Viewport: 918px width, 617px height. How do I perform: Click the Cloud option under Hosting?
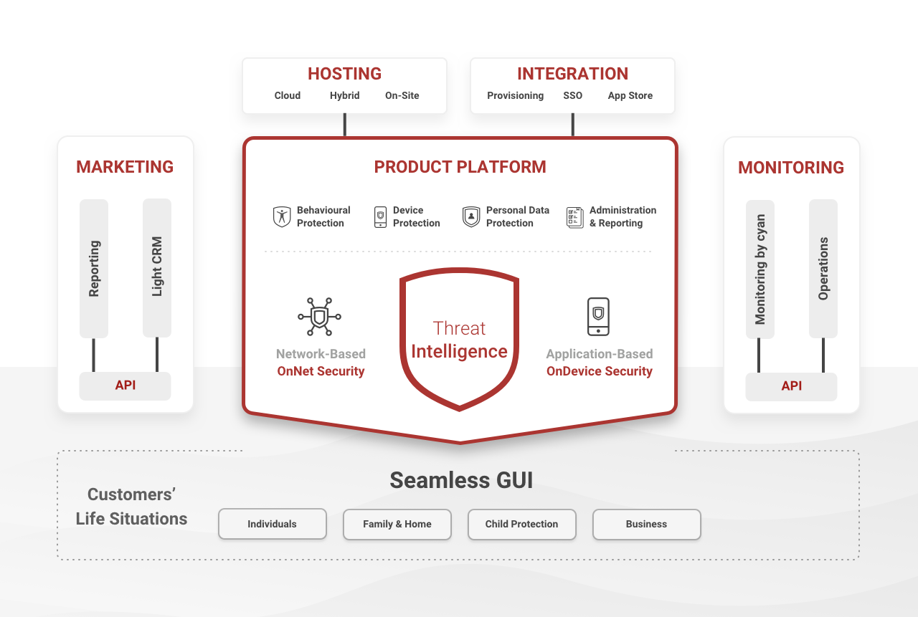287,95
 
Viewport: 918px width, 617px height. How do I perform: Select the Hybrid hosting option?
344,95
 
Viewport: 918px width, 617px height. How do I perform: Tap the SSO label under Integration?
572,95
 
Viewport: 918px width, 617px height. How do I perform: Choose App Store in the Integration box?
630,95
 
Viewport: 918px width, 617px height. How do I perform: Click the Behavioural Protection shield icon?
282,216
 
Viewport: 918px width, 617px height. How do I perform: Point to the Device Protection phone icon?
380,216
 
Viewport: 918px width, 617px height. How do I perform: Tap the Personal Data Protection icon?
471,216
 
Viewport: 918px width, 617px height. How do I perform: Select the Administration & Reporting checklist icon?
575,216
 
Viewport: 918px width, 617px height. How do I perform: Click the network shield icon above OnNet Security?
320,317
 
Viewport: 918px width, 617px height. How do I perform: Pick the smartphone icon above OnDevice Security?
598,317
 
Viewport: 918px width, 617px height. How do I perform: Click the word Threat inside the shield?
459,328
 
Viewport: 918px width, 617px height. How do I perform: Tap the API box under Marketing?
126,386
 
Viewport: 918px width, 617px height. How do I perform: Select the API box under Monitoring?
791,386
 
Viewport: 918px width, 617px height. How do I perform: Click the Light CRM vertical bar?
157,267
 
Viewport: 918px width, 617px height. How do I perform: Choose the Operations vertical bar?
823,268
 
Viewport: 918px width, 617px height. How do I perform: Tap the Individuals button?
272,524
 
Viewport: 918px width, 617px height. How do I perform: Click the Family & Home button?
397,524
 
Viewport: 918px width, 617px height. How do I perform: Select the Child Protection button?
521,524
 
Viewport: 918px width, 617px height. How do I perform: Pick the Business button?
646,524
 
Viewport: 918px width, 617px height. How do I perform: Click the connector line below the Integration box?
572,125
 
